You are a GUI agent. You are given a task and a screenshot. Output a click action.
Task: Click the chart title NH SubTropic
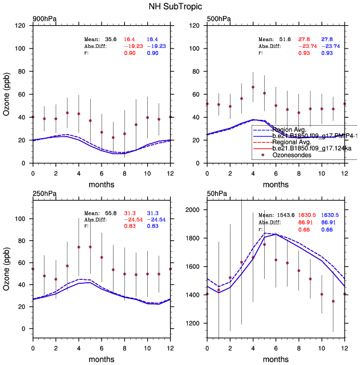click(180, 7)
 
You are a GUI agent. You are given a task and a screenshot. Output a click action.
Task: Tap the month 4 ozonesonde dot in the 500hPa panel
click(253, 87)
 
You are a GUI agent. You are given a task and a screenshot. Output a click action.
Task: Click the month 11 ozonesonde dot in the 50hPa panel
click(333, 301)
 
